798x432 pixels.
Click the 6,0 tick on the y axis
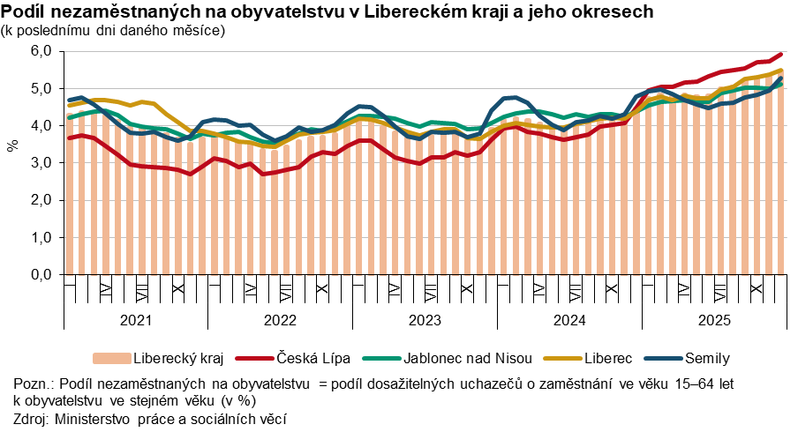click(x=41, y=51)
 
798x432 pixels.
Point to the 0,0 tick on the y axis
click(x=41, y=275)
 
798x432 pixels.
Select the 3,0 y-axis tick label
click(x=41, y=163)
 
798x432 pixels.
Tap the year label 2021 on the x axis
click(x=135, y=320)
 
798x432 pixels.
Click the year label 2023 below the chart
click(x=425, y=320)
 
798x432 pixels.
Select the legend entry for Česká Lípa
click(x=313, y=358)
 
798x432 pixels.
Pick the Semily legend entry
click(x=706, y=358)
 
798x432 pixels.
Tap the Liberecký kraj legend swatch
click(x=109, y=358)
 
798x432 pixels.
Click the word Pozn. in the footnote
click(x=34, y=385)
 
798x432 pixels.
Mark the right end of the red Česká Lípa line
click(x=780, y=55)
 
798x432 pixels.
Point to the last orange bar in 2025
click(x=780, y=177)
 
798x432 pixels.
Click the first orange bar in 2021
click(x=70, y=195)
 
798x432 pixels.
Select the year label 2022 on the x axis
click(x=280, y=320)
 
